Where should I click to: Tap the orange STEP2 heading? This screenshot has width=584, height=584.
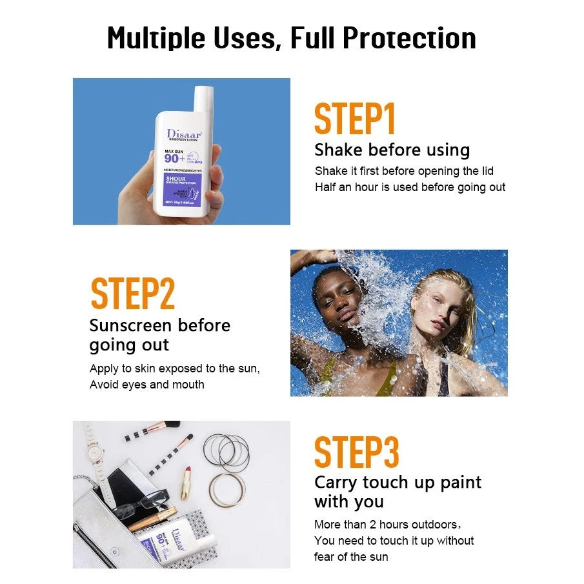(133, 294)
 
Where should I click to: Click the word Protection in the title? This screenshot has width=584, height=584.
(409, 39)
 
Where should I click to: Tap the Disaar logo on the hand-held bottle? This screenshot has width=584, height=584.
(185, 134)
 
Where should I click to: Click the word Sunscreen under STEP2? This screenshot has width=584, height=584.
(129, 325)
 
